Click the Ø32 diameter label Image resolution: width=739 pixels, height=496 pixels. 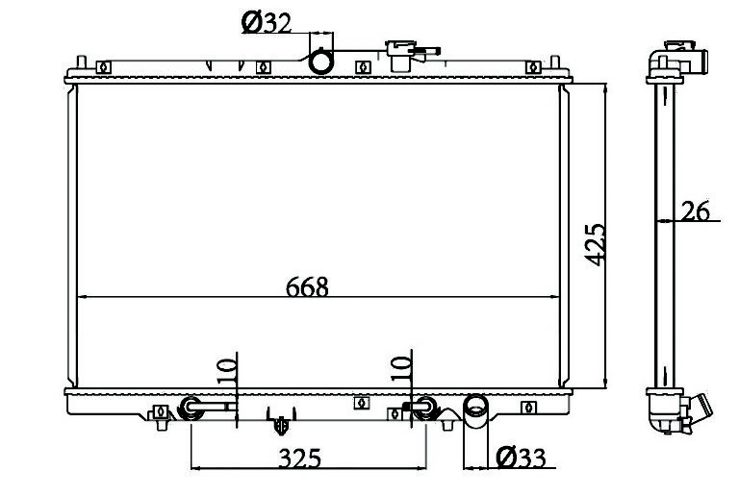pos(267,22)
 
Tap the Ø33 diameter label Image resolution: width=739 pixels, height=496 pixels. pos(521,457)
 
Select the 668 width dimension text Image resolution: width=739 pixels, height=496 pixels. pos(307,286)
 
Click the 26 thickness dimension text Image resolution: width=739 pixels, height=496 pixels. pos(696,211)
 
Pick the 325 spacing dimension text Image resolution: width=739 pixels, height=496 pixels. pos(300,458)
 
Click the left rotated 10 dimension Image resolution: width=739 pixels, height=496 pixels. pos(226,371)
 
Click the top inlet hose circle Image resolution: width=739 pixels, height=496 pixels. pos(321,62)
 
